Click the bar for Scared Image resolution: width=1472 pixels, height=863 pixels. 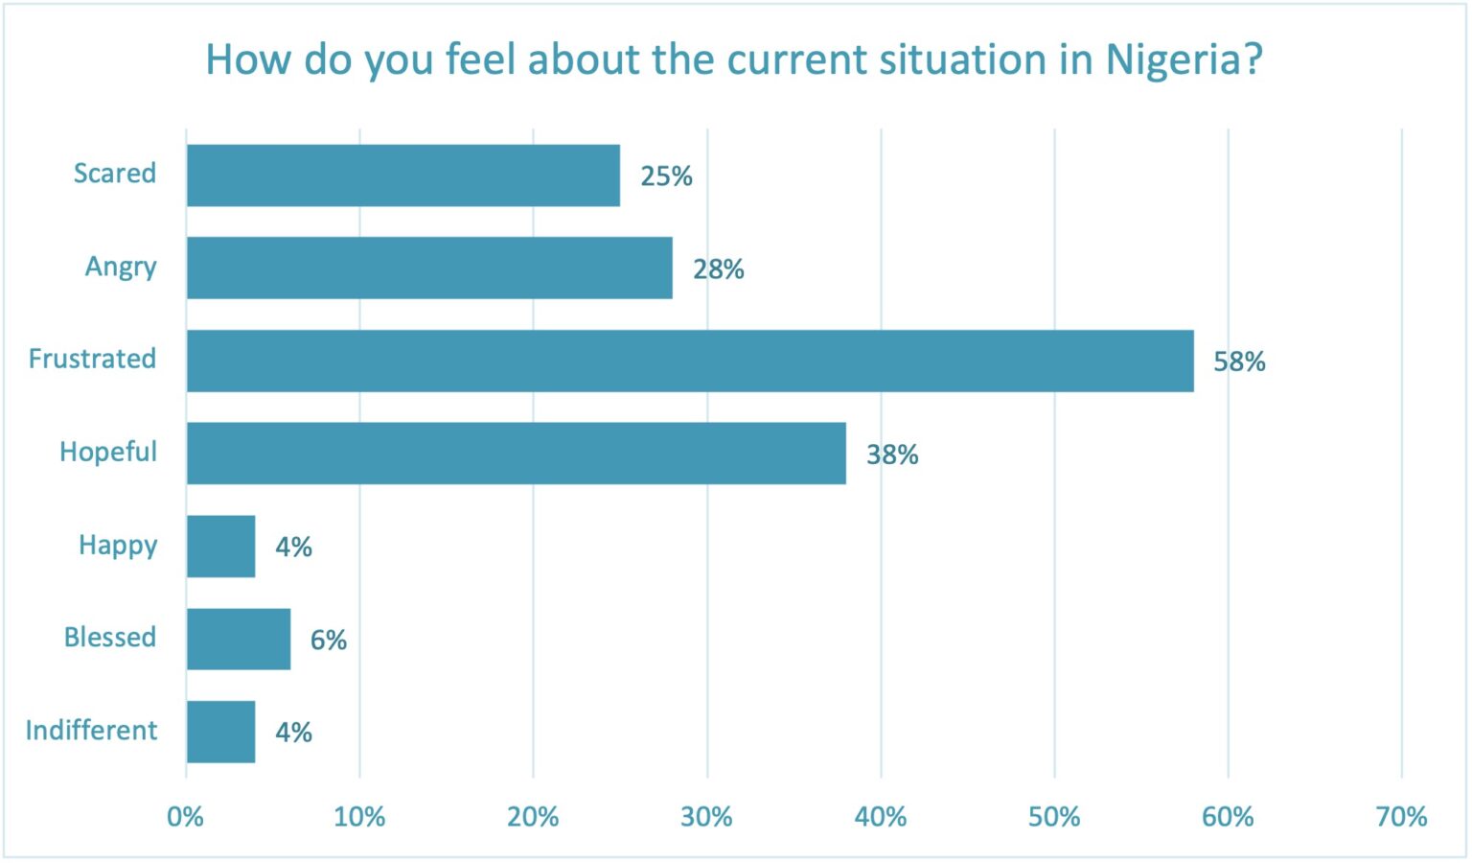pos(403,175)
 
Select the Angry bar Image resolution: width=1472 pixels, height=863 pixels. pos(429,268)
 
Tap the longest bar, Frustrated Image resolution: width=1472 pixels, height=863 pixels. pos(690,362)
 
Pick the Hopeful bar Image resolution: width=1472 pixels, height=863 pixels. pos(517,454)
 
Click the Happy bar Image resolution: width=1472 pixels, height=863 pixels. pos(221,547)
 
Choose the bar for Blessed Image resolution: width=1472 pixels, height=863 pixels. pos(239,640)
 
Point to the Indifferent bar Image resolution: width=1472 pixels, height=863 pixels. pos(221,733)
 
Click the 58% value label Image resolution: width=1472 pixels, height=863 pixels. pos(1239,362)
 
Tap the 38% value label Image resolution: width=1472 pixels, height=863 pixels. pos(892,455)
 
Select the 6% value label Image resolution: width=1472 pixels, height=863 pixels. pos(329,640)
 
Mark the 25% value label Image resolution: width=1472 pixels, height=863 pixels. pos(666,176)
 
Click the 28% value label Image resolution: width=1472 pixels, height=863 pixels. pos(719,269)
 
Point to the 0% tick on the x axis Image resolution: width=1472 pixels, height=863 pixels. pos(185,817)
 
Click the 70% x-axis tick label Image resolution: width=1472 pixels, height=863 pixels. pos(1401,817)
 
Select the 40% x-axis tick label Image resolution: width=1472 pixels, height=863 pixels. pos(880,817)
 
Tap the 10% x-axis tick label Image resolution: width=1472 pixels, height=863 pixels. pos(359,817)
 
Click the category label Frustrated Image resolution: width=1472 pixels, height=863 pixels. pos(92,359)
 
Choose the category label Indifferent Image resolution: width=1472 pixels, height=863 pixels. pos(91,731)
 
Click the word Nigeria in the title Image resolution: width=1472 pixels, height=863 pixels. pos(1170,60)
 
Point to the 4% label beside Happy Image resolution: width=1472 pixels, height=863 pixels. pos(293,547)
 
